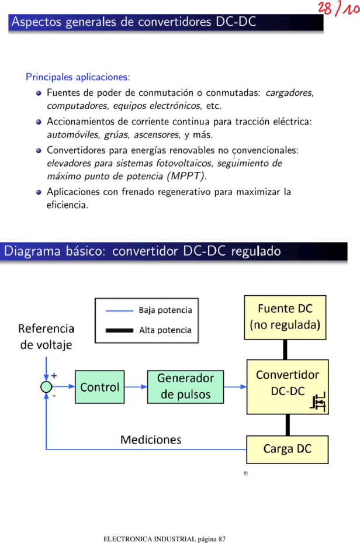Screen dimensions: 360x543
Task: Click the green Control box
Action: tap(100, 387)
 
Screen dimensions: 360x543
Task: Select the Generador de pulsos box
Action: tap(185, 387)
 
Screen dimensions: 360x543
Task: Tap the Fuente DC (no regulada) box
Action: tap(285, 317)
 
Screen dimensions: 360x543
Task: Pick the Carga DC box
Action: tap(288, 449)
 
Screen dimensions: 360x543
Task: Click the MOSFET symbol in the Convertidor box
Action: tap(318, 402)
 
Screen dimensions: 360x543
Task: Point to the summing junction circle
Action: tap(46, 387)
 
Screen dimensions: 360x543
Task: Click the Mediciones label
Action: tap(151, 440)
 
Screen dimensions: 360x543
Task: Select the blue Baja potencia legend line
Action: tap(119, 310)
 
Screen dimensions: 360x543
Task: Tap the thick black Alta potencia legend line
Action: tap(119, 330)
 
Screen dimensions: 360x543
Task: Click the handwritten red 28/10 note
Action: tap(338, 8)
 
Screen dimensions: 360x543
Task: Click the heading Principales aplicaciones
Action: tap(78, 77)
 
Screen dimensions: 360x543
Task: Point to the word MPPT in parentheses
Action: tap(186, 177)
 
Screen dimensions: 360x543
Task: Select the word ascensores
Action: tap(157, 134)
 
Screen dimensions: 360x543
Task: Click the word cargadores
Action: tap(289, 93)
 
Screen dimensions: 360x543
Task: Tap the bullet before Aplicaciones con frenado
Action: tap(39, 192)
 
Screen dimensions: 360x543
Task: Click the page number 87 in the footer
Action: tap(222, 539)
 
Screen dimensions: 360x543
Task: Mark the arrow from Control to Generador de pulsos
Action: tap(136, 387)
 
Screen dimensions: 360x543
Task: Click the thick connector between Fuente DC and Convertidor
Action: tap(285, 350)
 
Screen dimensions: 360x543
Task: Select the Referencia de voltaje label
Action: tap(46, 337)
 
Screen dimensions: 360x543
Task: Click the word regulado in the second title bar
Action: tap(256, 251)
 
